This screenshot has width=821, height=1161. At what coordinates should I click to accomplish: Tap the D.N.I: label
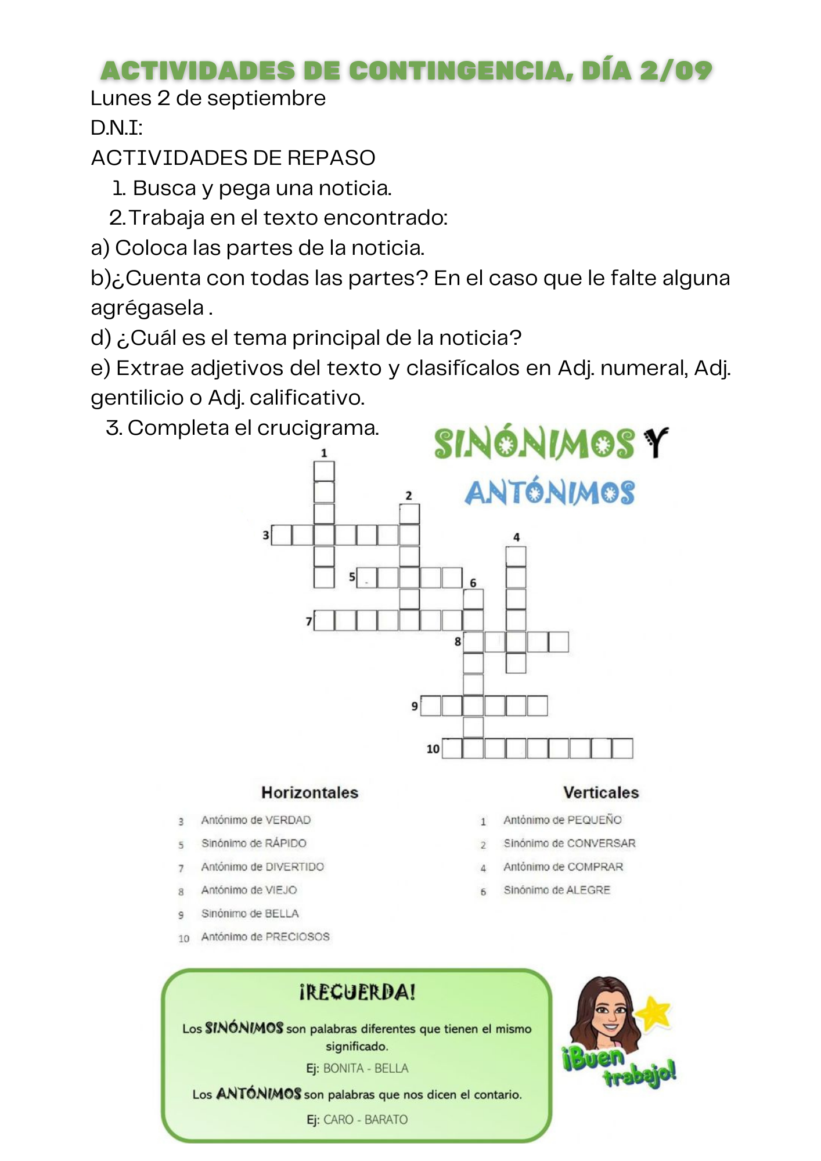click(117, 128)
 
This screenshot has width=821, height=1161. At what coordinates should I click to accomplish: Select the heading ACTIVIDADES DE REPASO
click(233, 158)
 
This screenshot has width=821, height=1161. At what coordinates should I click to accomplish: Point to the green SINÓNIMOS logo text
click(534, 445)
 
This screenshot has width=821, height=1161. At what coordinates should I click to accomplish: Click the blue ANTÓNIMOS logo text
click(549, 493)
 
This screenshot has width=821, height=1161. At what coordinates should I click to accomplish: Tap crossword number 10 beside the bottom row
click(433, 749)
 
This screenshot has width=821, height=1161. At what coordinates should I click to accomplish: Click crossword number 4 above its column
click(516, 537)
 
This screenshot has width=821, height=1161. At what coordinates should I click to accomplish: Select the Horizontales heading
click(309, 792)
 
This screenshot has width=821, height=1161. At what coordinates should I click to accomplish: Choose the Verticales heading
click(601, 792)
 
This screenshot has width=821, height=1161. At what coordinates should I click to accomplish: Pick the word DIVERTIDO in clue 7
click(295, 867)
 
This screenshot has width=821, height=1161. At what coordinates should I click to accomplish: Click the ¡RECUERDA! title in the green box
click(357, 992)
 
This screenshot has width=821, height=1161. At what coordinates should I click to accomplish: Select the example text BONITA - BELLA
click(366, 1068)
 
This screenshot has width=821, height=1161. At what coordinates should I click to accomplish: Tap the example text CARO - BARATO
click(365, 1119)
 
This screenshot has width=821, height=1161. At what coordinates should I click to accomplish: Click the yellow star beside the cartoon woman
click(654, 1011)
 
